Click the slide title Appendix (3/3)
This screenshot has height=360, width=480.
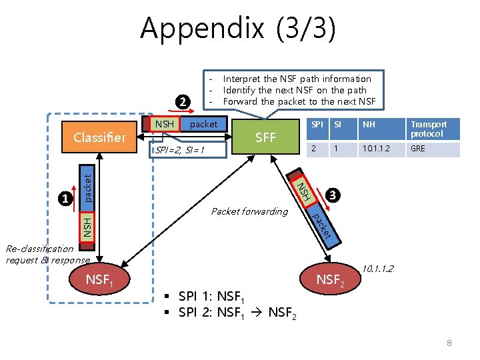[x=238, y=29]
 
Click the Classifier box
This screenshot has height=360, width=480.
[x=99, y=137]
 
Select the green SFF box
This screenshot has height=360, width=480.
[x=265, y=138]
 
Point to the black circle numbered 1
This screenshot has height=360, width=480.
[x=65, y=197]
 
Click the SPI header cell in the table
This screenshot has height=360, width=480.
[x=317, y=125]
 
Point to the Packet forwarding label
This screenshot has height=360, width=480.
[x=249, y=211]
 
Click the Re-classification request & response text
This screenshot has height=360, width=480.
[x=47, y=254]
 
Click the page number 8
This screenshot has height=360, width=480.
[x=449, y=343]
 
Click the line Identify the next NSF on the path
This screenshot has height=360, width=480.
[x=295, y=90]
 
